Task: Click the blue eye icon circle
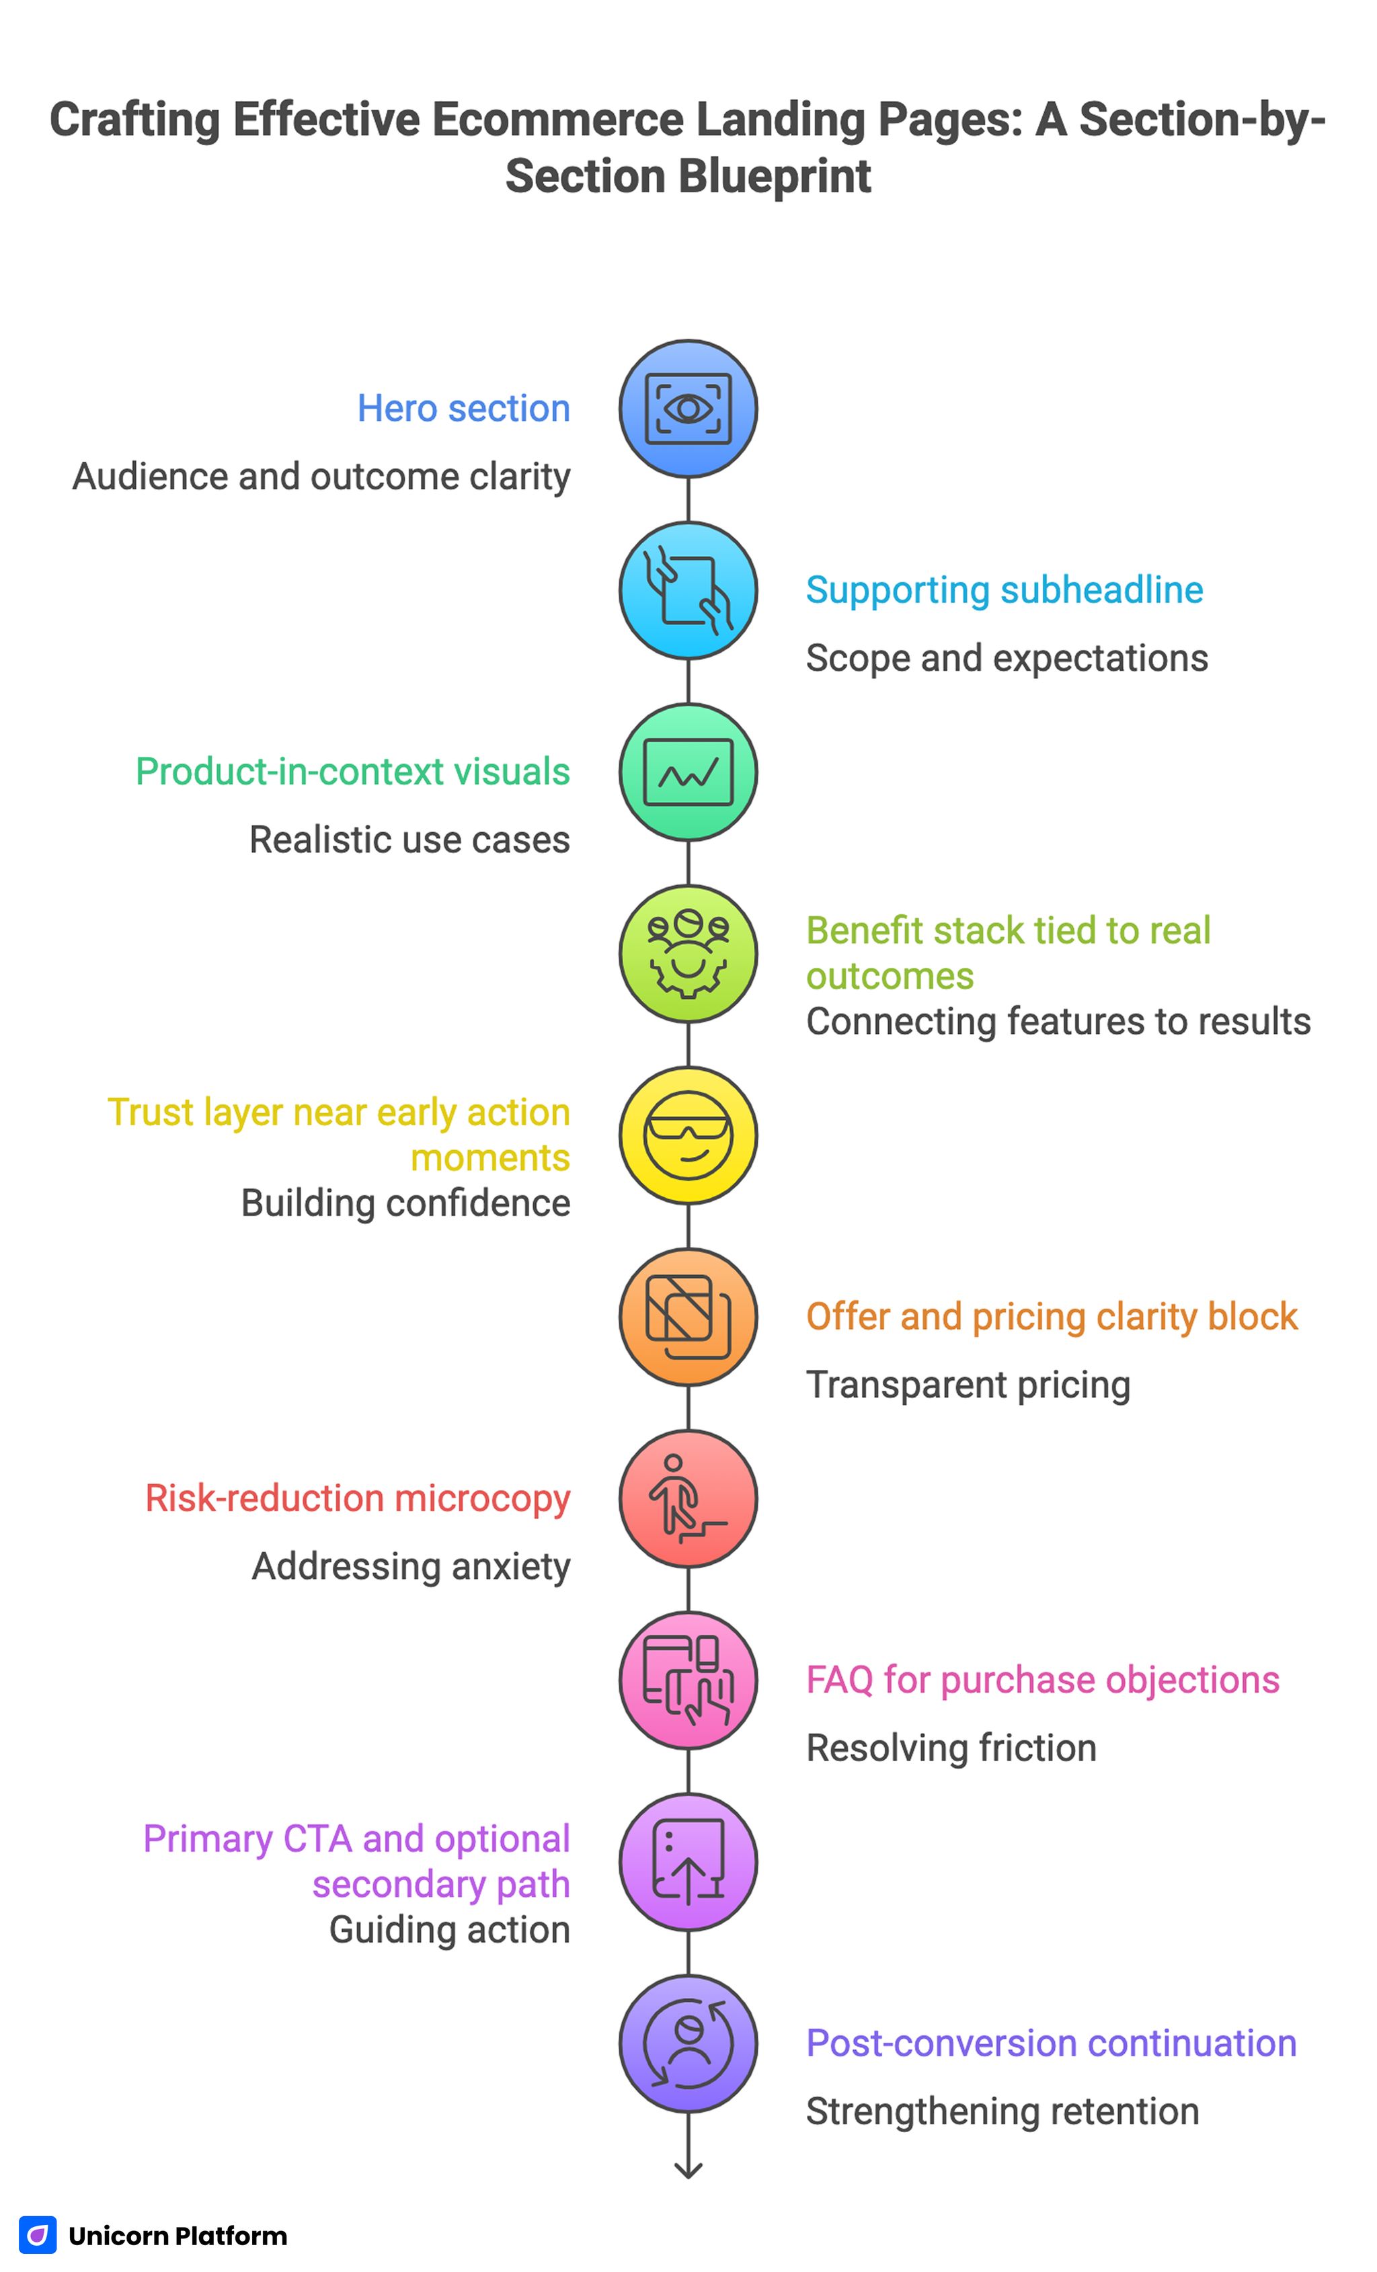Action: pyautogui.click(x=687, y=409)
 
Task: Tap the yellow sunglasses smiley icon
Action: pyautogui.click(x=687, y=1135)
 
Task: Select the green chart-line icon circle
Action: pyautogui.click(x=687, y=772)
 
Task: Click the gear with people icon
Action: pyautogui.click(x=687, y=953)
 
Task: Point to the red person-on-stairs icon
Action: pyautogui.click(x=687, y=1498)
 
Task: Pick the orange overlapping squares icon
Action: pyautogui.click(x=687, y=1317)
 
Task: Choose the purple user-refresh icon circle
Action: pyautogui.click(x=687, y=2043)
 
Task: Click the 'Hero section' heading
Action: pyautogui.click(x=463, y=409)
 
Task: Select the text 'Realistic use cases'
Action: pyautogui.click(x=409, y=840)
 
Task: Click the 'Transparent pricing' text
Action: pyautogui.click(x=968, y=1385)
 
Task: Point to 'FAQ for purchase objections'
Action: pyautogui.click(x=1042, y=1680)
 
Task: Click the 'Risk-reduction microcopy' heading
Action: pyautogui.click(x=358, y=1498)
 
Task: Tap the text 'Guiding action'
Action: pyautogui.click(x=449, y=1930)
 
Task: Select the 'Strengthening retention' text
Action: pyautogui.click(x=1002, y=2111)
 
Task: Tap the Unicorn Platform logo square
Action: pyautogui.click(x=38, y=2235)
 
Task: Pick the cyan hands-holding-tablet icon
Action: pyautogui.click(x=687, y=590)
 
